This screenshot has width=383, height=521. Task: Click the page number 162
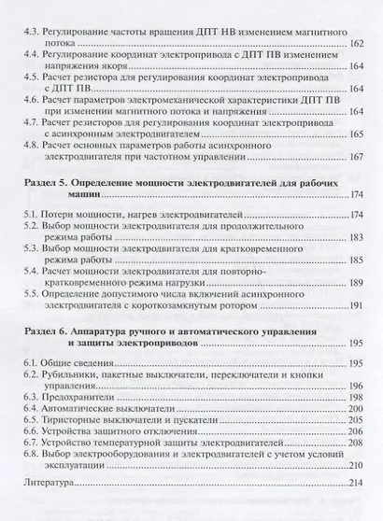(x=354, y=43)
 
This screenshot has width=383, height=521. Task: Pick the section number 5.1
(x=31, y=217)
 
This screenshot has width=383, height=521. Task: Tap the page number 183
(x=354, y=240)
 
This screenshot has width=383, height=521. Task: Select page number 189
(x=354, y=285)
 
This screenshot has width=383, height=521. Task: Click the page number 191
(x=355, y=308)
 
